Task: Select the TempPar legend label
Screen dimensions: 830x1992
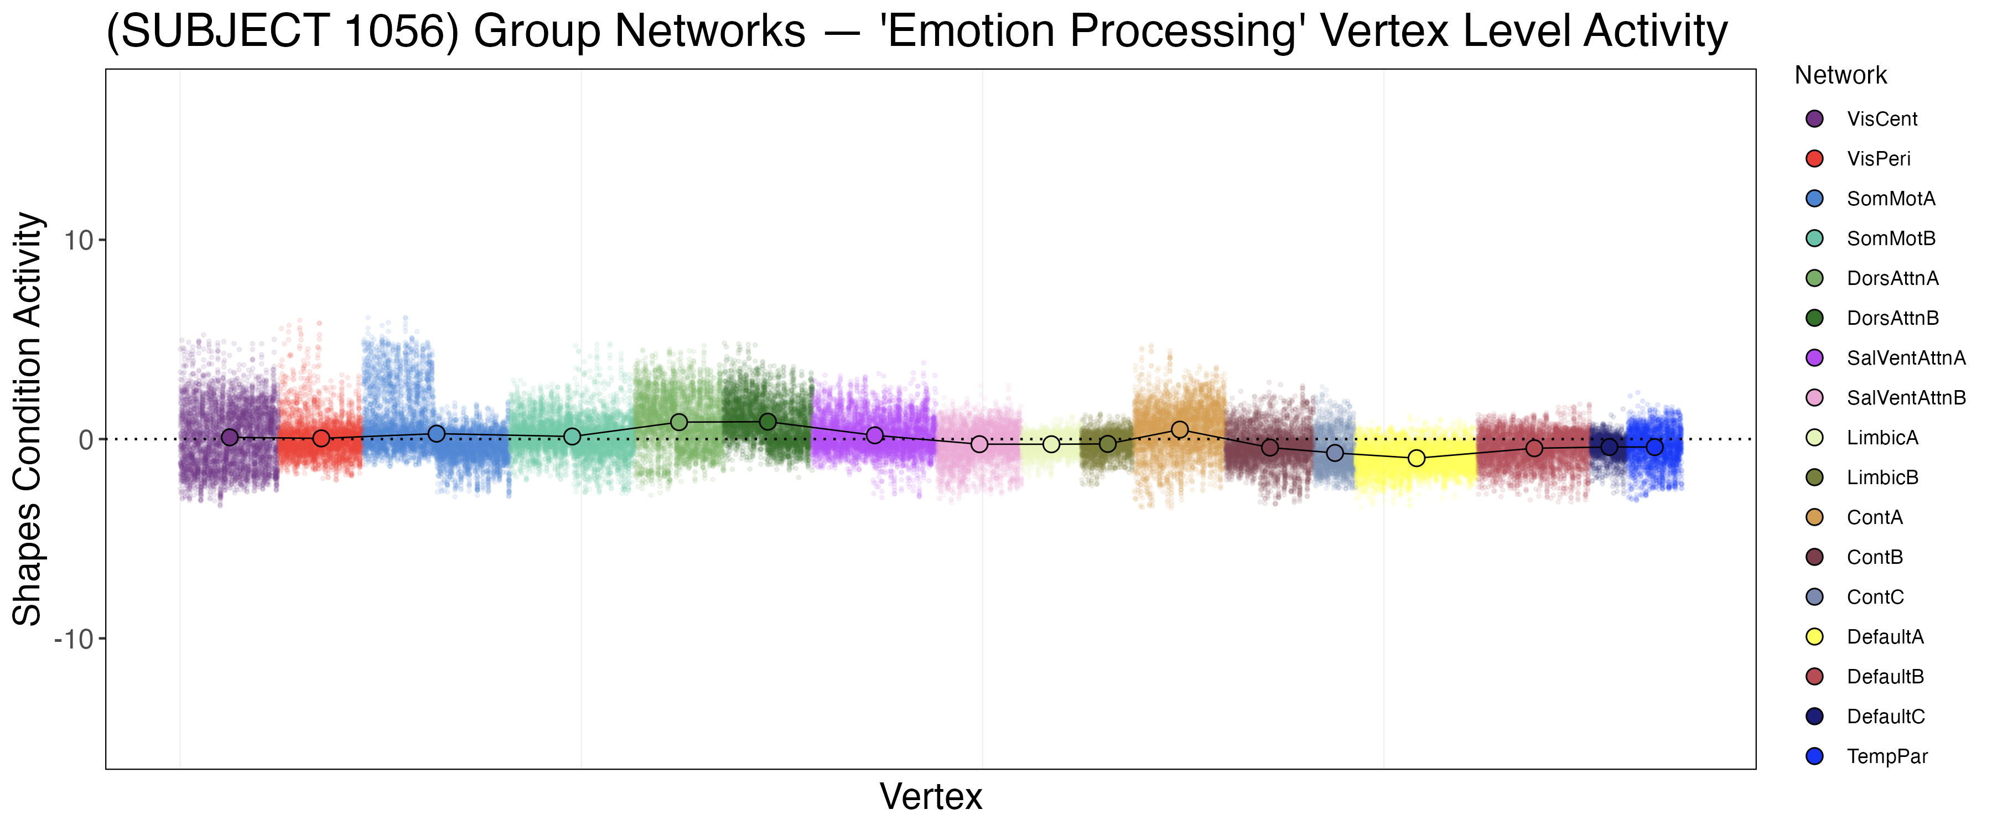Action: (x=1887, y=756)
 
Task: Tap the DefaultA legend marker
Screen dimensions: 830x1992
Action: (x=1814, y=637)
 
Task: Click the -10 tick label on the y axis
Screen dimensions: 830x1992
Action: (x=74, y=640)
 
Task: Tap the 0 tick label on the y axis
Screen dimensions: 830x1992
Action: (x=85, y=440)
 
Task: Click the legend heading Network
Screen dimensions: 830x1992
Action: (x=1840, y=75)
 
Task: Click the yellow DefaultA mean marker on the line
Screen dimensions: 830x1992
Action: (x=1416, y=458)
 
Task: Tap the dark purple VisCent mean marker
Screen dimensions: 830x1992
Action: (x=230, y=438)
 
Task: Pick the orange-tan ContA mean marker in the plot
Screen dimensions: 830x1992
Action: (x=1179, y=429)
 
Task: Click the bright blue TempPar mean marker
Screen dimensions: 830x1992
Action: (x=1654, y=447)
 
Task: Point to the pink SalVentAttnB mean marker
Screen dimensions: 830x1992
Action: (x=979, y=444)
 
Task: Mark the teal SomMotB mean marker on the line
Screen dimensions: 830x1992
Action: (x=572, y=437)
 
